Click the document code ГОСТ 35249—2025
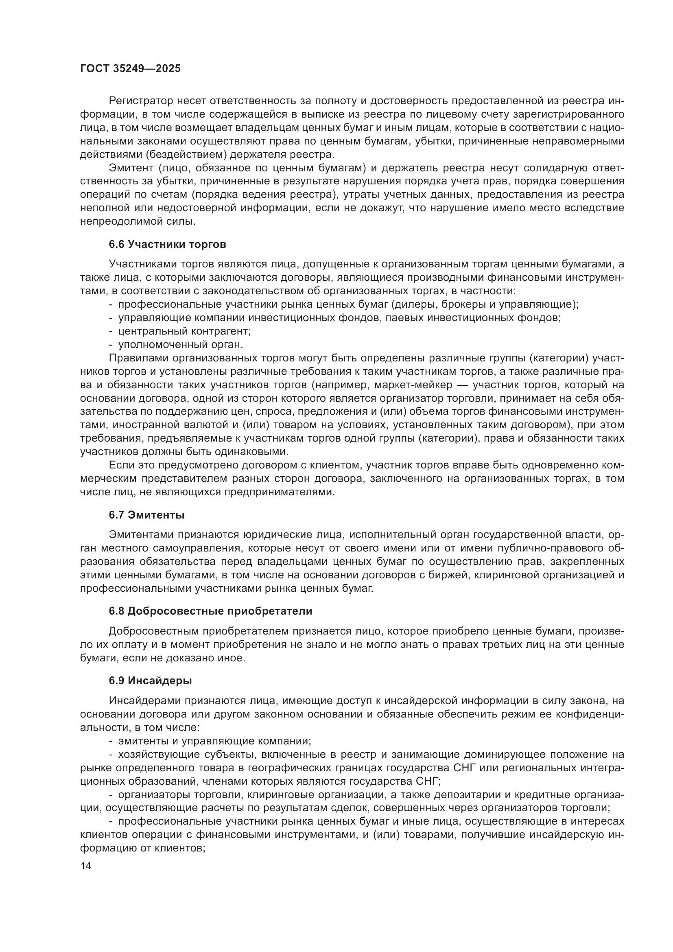point(130,68)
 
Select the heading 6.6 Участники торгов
point(167,244)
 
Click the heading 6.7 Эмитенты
point(147,515)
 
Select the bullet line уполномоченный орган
point(181,344)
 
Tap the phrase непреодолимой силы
point(137,221)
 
